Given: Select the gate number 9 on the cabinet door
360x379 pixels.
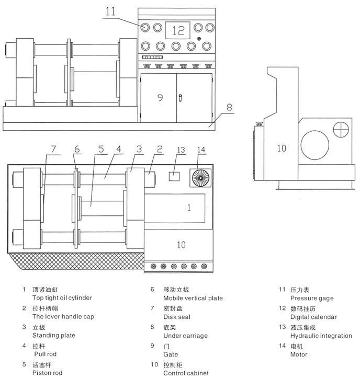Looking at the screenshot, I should point(160,97).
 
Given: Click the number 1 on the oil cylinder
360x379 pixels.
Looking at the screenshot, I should point(189,208).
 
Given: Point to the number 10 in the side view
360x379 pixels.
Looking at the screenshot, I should point(282,148).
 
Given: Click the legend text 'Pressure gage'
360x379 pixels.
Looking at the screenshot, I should point(312,298).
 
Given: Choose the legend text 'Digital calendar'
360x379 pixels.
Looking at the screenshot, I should point(314,317).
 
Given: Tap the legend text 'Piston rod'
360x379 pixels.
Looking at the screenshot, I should point(46,373).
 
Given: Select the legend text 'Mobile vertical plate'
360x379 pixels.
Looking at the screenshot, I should point(193,298).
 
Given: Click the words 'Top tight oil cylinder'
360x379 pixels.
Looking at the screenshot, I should point(62,298).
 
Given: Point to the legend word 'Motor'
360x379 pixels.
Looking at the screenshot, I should point(299,354).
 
